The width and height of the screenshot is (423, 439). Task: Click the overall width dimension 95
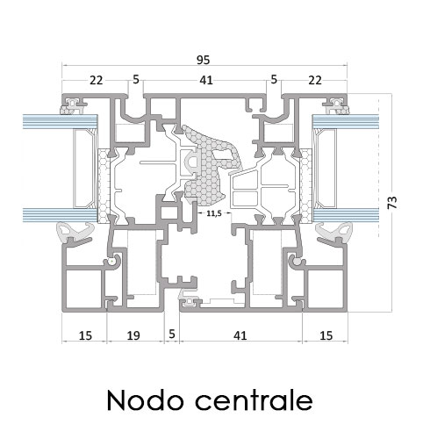pyautogui.click(x=203, y=60)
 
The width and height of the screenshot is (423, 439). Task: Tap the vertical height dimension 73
pyautogui.click(x=392, y=203)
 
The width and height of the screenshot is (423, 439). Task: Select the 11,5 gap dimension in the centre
pyautogui.click(x=214, y=213)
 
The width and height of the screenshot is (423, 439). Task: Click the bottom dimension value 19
pyautogui.click(x=133, y=335)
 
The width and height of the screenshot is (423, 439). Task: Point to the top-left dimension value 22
pyautogui.click(x=97, y=80)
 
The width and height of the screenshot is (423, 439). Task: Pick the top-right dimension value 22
pyautogui.click(x=315, y=80)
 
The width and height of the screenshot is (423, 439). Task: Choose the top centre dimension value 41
pyautogui.click(x=206, y=80)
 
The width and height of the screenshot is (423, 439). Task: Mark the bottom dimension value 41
pyautogui.click(x=240, y=335)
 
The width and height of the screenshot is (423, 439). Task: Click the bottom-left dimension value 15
pyautogui.click(x=85, y=335)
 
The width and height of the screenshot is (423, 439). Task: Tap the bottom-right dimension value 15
pyautogui.click(x=326, y=335)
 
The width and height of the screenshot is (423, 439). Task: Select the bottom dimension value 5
pyautogui.click(x=172, y=334)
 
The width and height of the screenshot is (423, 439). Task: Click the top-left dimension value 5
pyautogui.click(x=136, y=79)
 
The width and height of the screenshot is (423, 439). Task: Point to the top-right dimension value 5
pyautogui.click(x=274, y=79)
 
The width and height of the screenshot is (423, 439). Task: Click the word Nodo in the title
pyautogui.click(x=145, y=400)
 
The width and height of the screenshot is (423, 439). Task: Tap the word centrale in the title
pyautogui.click(x=254, y=400)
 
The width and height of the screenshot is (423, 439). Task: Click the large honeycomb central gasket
pyautogui.click(x=209, y=165)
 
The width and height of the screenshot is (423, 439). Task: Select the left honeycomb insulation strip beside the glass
pyautogui.click(x=103, y=186)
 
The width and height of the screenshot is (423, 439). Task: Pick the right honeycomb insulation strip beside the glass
pyautogui.click(x=306, y=186)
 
